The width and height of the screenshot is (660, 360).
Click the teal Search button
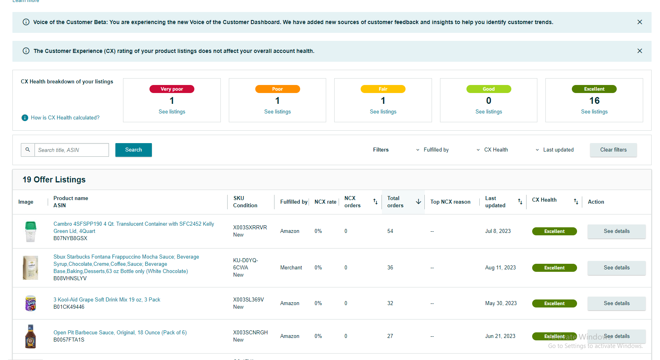pyautogui.click(x=133, y=150)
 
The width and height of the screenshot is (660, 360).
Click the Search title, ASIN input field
pyautogui.click(x=72, y=150)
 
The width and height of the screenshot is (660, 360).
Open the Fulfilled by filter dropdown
pyautogui.click(x=432, y=150)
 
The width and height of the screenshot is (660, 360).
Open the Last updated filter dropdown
pyautogui.click(x=555, y=150)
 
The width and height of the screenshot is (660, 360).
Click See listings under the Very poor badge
pyautogui.click(x=172, y=112)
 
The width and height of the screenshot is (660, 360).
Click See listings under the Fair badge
pyautogui.click(x=383, y=112)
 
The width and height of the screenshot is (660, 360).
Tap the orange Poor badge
pyautogui.click(x=278, y=89)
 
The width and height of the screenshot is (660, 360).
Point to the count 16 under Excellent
pyautogui.click(x=594, y=101)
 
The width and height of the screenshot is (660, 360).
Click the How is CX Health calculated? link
pyautogui.click(x=65, y=117)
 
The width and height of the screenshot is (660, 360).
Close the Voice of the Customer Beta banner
pyautogui.click(x=640, y=22)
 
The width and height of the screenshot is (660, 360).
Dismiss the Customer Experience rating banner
pyautogui.click(x=640, y=51)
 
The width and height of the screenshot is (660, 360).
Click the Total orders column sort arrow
pyautogui.click(x=418, y=202)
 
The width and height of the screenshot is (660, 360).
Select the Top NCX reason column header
pyautogui.click(x=450, y=202)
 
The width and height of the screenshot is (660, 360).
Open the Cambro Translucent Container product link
pyautogui.click(x=134, y=227)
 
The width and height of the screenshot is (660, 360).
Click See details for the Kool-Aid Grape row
pyautogui.click(x=617, y=303)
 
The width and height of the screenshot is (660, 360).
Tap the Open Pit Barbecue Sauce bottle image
pyautogui.click(x=30, y=336)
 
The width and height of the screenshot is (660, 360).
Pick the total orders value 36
pyautogui.click(x=390, y=268)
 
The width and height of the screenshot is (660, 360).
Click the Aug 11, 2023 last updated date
pyautogui.click(x=500, y=268)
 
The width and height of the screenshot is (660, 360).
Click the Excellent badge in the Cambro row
pyautogui.click(x=555, y=231)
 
